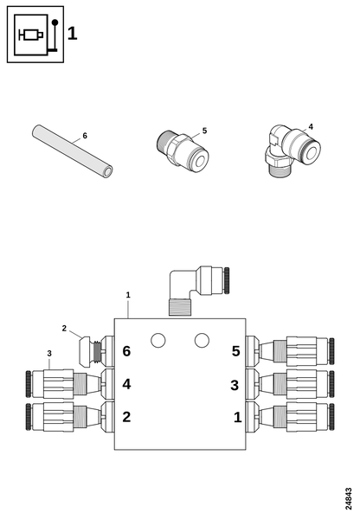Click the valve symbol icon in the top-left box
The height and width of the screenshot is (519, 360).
pos(35,35)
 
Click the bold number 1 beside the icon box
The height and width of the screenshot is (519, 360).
pos(73,34)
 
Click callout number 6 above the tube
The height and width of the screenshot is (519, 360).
pos(85,136)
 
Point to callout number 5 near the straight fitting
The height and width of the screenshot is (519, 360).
pos(204,131)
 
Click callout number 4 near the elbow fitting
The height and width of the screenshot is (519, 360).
pos(311,126)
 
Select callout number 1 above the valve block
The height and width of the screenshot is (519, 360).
pos(128,295)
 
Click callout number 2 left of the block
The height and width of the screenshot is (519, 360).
pos(64,328)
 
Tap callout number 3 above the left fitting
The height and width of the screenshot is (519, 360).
pos(49,353)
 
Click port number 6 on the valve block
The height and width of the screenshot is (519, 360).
pos(126,351)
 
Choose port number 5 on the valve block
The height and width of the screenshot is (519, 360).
pos(235,351)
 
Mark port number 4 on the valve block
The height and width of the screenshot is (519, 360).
pos(126,384)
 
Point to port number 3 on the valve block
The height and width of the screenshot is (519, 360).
pos(235,384)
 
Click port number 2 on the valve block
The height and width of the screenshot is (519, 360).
pos(126,417)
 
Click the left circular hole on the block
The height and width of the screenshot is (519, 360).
pos(157,340)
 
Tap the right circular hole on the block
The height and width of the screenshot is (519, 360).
pos(202,340)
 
